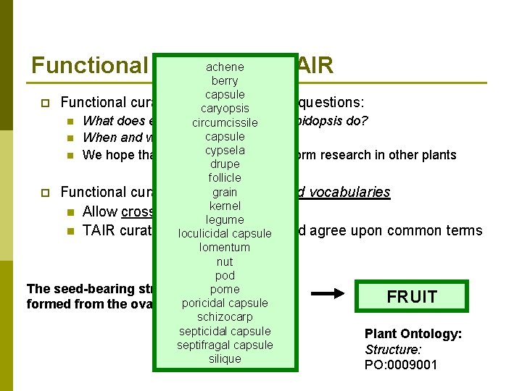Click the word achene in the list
point(225,67)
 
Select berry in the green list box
point(225,80)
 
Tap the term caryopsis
point(225,109)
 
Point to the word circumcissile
point(225,122)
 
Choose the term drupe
point(225,164)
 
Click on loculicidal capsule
point(225,233)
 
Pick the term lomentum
point(225,247)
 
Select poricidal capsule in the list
point(225,303)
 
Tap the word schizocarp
point(225,317)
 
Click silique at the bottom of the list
point(225,358)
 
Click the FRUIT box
point(412,297)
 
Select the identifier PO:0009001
point(401,364)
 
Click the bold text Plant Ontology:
point(413,334)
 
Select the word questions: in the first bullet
point(333,102)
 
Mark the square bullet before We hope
point(70,155)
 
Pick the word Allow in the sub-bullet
point(101,211)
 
